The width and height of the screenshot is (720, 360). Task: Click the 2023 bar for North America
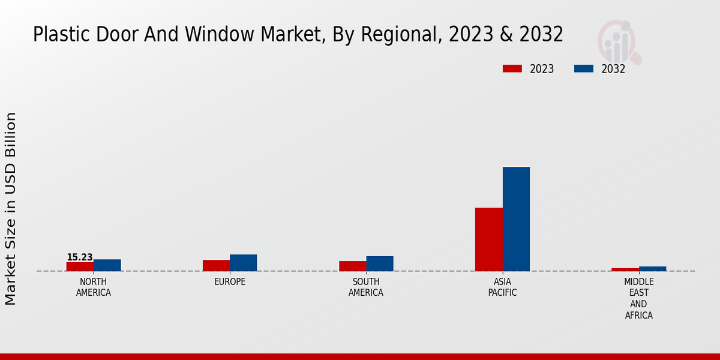click(x=80, y=266)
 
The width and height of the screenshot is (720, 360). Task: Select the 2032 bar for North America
click(x=107, y=265)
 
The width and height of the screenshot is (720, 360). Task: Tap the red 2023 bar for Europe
click(x=216, y=265)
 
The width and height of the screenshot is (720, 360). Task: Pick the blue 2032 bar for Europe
click(x=244, y=263)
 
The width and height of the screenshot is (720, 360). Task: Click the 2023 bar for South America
click(x=352, y=266)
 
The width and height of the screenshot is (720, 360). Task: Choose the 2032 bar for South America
click(x=380, y=263)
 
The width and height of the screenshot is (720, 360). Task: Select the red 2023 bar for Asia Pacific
click(x=489, y=239)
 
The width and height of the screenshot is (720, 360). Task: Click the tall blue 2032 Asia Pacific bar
click(x=516, y=219)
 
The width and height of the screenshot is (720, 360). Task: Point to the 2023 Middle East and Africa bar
click(x=625, y=269)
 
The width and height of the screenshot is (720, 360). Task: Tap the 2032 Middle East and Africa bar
click(x=653, y=269)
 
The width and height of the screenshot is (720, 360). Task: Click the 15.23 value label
click(x=80, y=257)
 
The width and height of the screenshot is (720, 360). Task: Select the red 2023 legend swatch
click(x=512, y=69)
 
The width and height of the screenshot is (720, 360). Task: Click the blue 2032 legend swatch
click(x=583, y=69)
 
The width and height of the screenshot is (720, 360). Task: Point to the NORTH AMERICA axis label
click(x=94, y=287)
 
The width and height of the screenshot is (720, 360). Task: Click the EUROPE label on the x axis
click(x=230, y=282)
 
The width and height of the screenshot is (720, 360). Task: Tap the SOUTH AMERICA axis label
click(x=366, y=287)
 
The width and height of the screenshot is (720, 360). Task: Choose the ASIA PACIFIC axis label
click(x=502, y=287)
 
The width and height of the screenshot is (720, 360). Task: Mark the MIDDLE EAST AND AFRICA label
click(x=639, y=299)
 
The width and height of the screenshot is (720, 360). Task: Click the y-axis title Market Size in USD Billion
click(x=11, y=208)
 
